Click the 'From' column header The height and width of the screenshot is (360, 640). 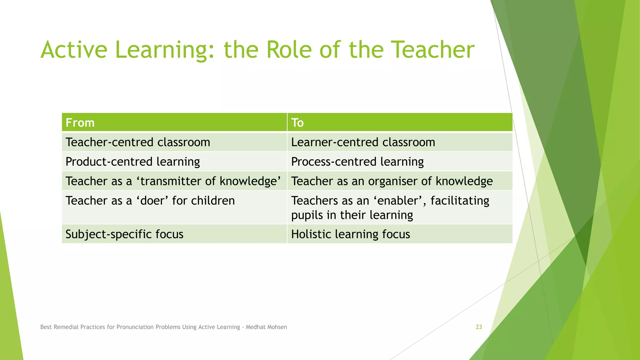click(80, 122)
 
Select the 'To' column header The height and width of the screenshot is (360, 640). click(297, 122)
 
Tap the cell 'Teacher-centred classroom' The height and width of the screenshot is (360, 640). click(138, 142)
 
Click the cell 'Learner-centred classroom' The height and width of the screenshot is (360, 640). click(363, 142)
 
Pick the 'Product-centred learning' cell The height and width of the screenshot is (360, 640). click(132, 162)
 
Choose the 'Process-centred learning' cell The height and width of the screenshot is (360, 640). click(357, 162)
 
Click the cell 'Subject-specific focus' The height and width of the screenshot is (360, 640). click(124, 234)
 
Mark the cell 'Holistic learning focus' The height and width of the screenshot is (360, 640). click(351, 234)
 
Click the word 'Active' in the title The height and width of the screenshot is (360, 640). click(74, 50)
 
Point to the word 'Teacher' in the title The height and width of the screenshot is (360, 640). click(433, 50)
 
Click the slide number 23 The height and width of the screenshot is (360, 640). click(479, 327)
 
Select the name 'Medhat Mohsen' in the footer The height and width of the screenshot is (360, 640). click(266, 327)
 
